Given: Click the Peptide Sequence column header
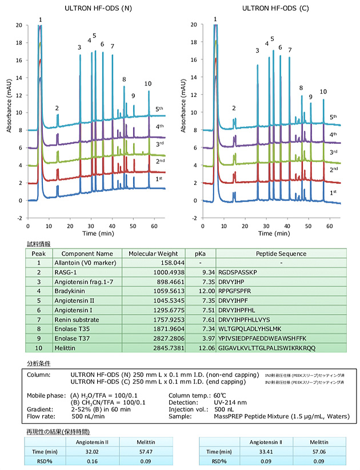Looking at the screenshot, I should click(282, 253).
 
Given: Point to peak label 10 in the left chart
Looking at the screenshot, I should click(148, 84).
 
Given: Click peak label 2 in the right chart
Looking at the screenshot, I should click(233, 108).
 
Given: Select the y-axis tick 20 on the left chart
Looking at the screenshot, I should click(19, 25).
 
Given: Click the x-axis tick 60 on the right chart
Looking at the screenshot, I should click(329, 227).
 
